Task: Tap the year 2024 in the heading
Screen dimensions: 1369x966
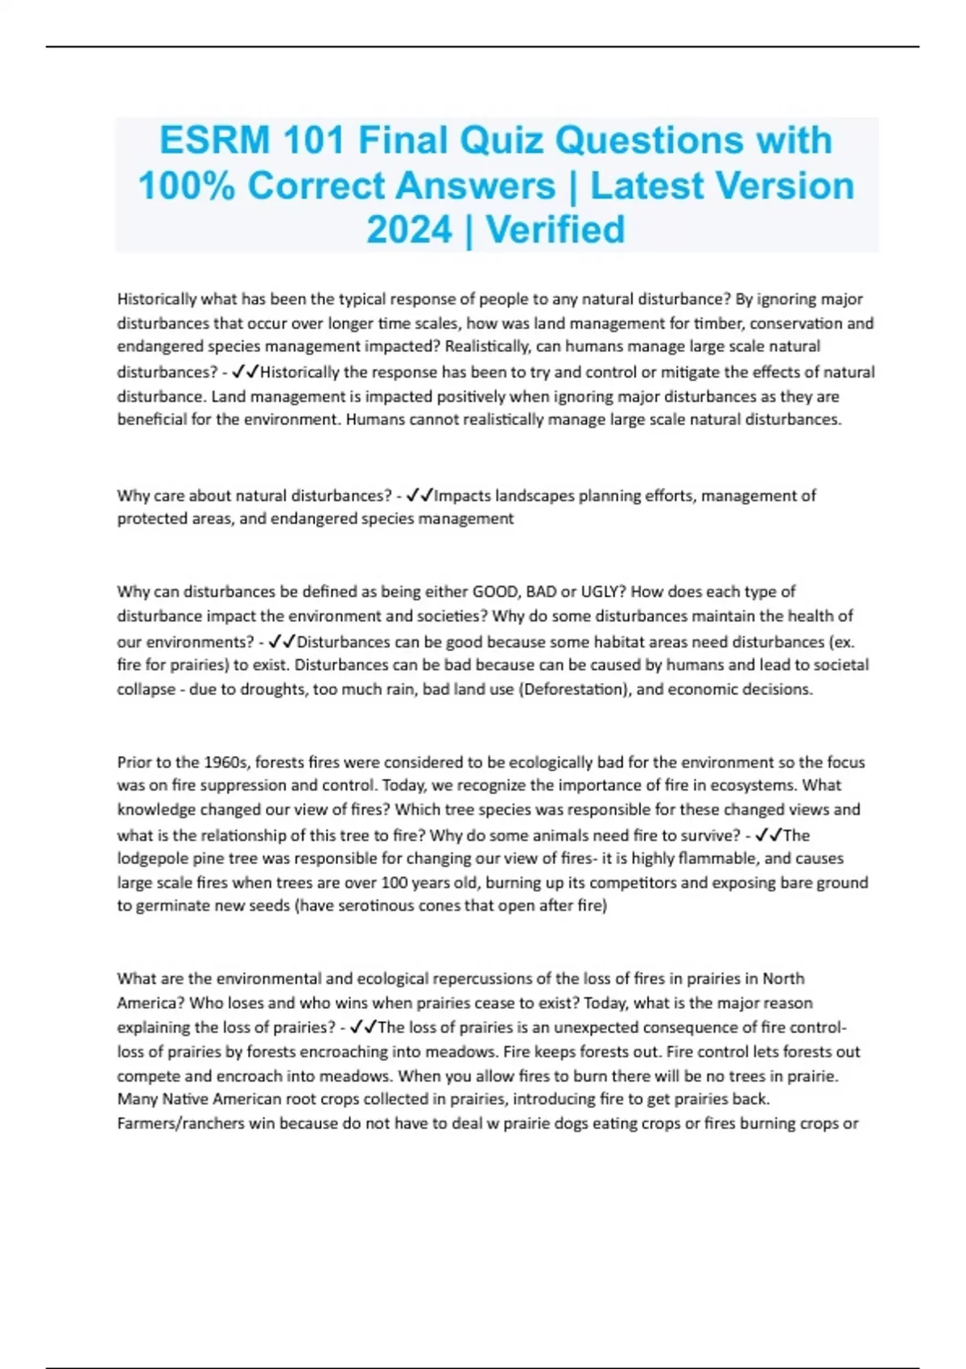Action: [x=409, y=230]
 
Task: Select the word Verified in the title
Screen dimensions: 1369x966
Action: [x=555, y=230]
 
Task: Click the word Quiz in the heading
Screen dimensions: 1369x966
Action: [x=501, y=140]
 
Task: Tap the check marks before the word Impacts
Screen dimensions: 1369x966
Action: [x=420, y=495]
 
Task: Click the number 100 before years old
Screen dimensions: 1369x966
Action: [x=394, y=883]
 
